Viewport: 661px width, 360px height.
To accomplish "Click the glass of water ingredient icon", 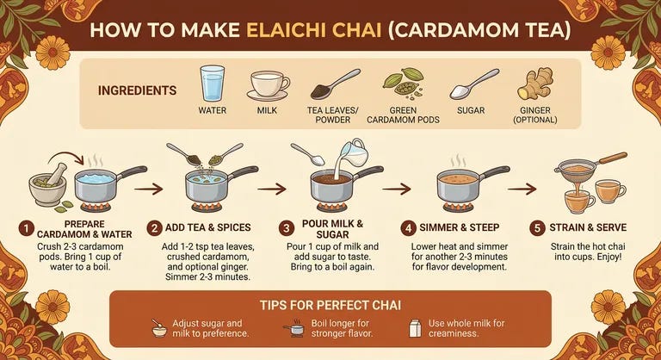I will [212, 84].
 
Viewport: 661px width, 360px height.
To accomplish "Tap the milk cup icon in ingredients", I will [268, 85].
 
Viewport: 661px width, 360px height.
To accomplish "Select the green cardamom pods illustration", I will [402, 84].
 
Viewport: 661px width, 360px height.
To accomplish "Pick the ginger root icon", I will [534, 84].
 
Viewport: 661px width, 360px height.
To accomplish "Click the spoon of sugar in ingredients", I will [472, 84].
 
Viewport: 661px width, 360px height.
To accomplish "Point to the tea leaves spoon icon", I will [334, 84].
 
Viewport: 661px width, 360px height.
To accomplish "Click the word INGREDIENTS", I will [138, 90].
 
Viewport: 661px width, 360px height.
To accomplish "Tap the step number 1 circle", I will [27, 228].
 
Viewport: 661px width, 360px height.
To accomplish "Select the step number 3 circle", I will [287, 228].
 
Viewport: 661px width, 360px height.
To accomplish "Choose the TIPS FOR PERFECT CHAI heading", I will [330, 305].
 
